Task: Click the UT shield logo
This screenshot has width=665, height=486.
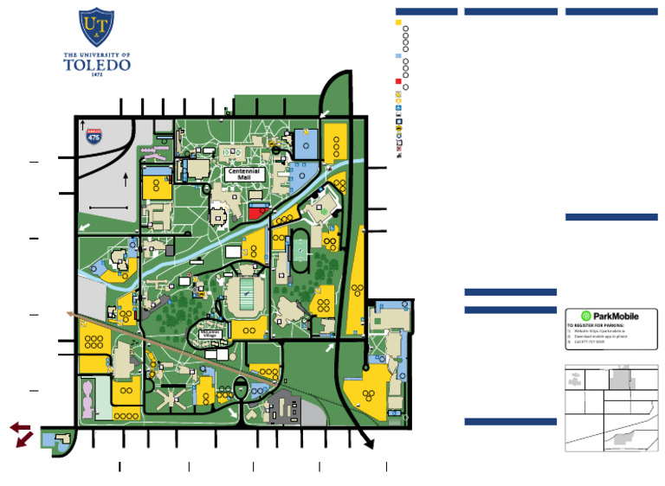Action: coord(96,28)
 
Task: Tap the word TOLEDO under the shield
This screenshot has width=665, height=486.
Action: coord(96,64)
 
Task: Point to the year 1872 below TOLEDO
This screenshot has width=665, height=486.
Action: coord(96,75)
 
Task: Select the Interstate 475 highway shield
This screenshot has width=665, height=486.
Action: coord(94,135)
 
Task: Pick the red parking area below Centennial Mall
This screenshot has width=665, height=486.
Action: coord(258,211)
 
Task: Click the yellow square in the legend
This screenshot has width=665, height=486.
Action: coord(398,22)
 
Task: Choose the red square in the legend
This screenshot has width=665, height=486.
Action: coord(398,81)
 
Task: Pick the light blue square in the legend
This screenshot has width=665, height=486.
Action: coord(398,55)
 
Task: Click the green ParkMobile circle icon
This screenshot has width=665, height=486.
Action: coord(585,317)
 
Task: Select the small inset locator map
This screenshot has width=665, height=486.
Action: coord(611,407)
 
